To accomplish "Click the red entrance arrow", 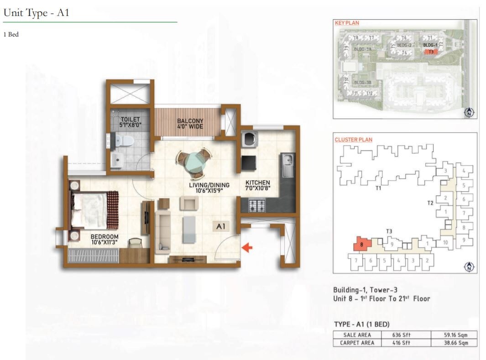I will tap(247, 248).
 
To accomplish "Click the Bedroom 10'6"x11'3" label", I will tap(105, 239).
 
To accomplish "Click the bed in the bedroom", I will tap(94, 209).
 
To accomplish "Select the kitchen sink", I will tap(287, 164).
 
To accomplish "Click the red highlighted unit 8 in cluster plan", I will tap(361, 244).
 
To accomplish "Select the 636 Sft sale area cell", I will tap(402, 334).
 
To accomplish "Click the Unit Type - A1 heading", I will tap(36, 13).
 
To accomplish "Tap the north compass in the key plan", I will tap(468, 113).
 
